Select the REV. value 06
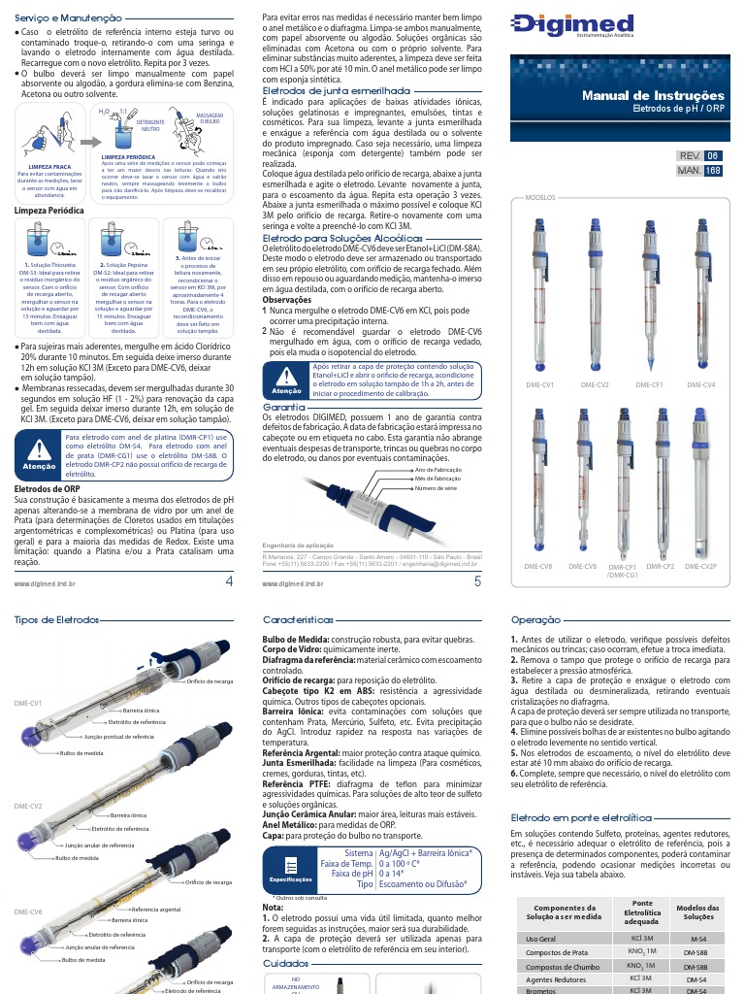(x=713, y=155)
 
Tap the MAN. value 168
(x=713, y=171)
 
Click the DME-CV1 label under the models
(x=540, y=385)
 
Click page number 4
(x=229, y=581)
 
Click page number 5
(x=477, y=581)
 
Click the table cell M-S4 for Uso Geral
(x=697, y=940)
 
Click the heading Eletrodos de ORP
(x=48, y=488)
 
